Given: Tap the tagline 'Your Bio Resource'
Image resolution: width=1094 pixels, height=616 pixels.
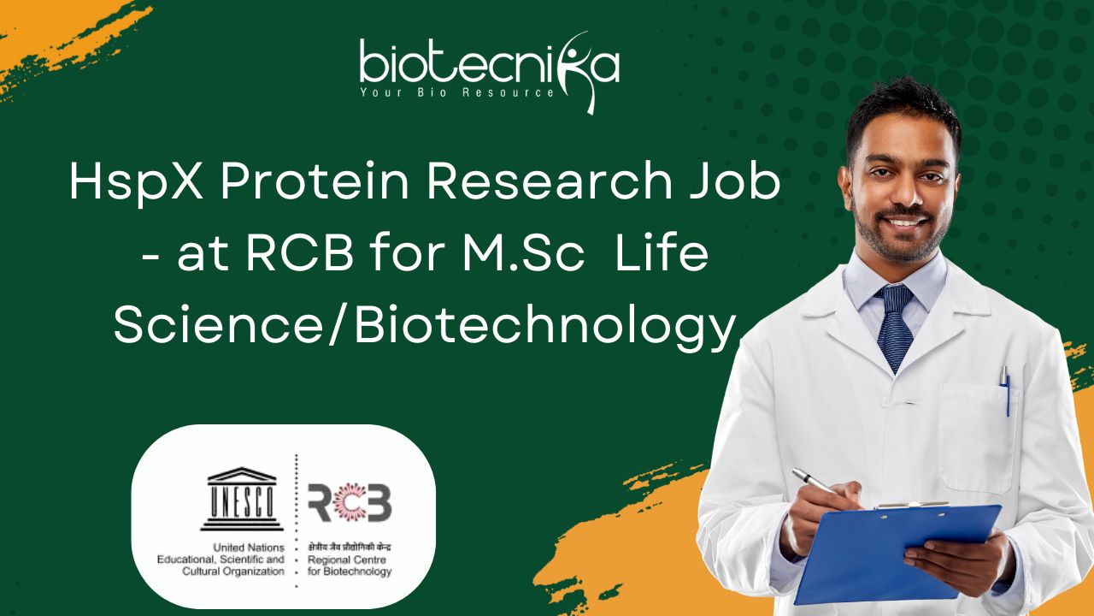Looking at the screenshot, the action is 457,92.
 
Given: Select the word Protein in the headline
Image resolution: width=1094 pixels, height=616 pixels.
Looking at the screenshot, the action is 315,181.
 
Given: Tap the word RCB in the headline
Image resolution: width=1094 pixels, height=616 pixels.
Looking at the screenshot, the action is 300,254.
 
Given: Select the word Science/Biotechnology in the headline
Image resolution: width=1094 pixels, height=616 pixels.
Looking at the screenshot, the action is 425,329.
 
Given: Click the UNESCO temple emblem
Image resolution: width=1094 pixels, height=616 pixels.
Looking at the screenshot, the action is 242,499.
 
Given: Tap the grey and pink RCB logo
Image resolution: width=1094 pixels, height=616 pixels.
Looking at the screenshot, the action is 350,502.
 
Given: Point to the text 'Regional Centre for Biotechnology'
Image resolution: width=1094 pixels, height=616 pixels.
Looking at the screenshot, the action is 350,566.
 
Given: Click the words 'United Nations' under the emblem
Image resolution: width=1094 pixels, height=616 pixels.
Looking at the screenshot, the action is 249,548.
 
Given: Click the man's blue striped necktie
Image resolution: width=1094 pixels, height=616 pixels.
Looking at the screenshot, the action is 894,328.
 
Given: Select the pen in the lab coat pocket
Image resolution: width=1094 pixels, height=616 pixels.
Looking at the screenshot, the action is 1004,391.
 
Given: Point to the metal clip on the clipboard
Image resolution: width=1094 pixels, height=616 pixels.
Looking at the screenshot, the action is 912,506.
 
